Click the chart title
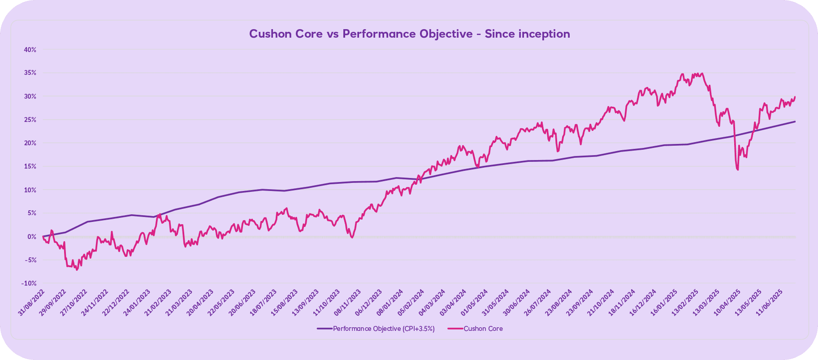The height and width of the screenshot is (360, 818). click(409, 34)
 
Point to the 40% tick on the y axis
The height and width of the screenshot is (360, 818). click(30, 50)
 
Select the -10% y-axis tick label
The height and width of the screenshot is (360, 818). click(29, 283)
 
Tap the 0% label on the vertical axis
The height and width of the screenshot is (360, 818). click(31, 237)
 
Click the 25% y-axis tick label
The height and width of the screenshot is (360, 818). click(30, 120)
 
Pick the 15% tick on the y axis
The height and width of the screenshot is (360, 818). click(30, 166)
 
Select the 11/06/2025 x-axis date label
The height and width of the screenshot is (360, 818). click(770, 303)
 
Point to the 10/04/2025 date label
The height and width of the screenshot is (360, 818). click(728, 303)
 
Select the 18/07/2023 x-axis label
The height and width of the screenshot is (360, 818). click(264, 303)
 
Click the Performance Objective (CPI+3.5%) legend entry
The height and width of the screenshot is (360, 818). click(383, 329)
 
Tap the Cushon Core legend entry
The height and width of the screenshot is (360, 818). click(483, 329)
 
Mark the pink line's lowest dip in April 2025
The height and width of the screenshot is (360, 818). click(737, 170)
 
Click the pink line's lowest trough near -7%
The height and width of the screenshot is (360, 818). click(77, 270)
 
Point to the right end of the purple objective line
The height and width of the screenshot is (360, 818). click(795, 121)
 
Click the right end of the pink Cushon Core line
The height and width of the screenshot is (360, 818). click(795, 97)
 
